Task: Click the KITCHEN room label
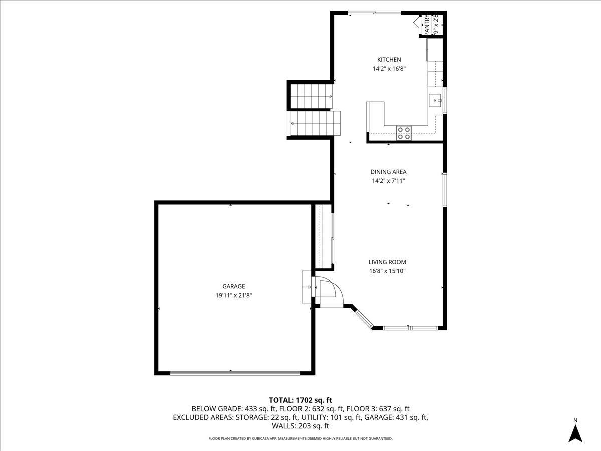pos(389,60)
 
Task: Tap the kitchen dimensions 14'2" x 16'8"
pos(389,69)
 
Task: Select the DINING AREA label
pos(389,172)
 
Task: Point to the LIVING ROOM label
pos(387,262)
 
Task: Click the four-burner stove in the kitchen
pos(404,132)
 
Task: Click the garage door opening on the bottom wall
pos(235,373)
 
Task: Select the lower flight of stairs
pos(313,123)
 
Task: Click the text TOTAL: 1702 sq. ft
pos(300,400)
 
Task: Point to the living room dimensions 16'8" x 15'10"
pos(387,271)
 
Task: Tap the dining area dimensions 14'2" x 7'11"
pos(389,181)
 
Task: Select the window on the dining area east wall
pos(444,189)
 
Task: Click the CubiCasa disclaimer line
pos(300,438)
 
